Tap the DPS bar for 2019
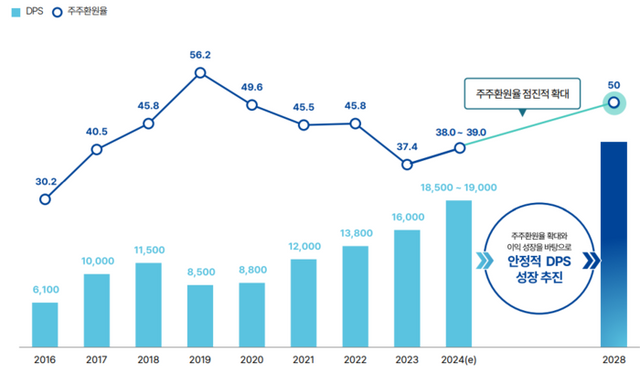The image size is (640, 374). pyautogui.click(x=200, y=315)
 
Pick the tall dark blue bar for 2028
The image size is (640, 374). pyautogui.click(x=612, y=244)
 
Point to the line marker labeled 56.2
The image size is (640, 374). pyautogui.click(x=200, y=72)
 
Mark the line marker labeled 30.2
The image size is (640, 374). pyautogui.click(x=45, y=199)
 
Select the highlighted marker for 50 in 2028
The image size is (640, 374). pyautogui.click(x=613, y=101)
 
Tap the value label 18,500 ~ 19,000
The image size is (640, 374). pyautogui.click(x=460, y=187)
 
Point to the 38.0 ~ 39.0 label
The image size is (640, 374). pyautogui.click(x=460, y=131)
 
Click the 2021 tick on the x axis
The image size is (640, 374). pyautogui.click(x=304, y=358)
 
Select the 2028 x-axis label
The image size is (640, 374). pyautogui.click(x=612, y=358)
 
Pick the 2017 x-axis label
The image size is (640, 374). pyautogui.click(x=97, y=358)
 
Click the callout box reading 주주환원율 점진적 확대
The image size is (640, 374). pyautogui.click(x=521, y=96)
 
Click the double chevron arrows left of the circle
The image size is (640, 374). pyautogui.click(x=484, y=262)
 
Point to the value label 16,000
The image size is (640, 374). pyautogui.click(x=407, y=217)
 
